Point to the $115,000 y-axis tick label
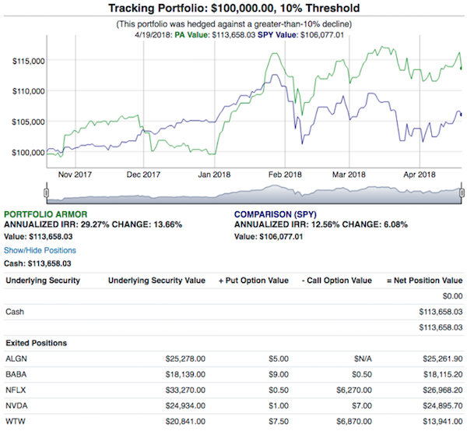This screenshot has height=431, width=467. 29,61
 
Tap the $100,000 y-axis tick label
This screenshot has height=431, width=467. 28,153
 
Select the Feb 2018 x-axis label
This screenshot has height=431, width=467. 285,175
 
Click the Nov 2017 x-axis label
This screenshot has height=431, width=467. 75,175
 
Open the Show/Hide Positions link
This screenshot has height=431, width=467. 40,250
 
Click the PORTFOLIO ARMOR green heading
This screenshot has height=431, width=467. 46,214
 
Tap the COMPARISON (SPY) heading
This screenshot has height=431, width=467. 276,214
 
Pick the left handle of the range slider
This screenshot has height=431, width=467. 46,193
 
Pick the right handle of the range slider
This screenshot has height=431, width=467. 462,193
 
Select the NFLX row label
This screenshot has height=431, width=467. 16,390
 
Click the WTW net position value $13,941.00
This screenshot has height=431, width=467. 443,422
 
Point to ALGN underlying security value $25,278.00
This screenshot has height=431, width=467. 185,359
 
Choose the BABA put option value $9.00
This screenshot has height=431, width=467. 279,374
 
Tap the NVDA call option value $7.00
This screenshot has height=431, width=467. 362,405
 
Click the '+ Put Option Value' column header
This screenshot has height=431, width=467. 254,281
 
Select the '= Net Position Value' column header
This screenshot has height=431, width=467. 425,281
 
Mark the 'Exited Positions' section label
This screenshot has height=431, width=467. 37,343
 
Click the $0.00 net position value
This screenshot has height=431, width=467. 452,296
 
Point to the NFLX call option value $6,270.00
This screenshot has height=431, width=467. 354,390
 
